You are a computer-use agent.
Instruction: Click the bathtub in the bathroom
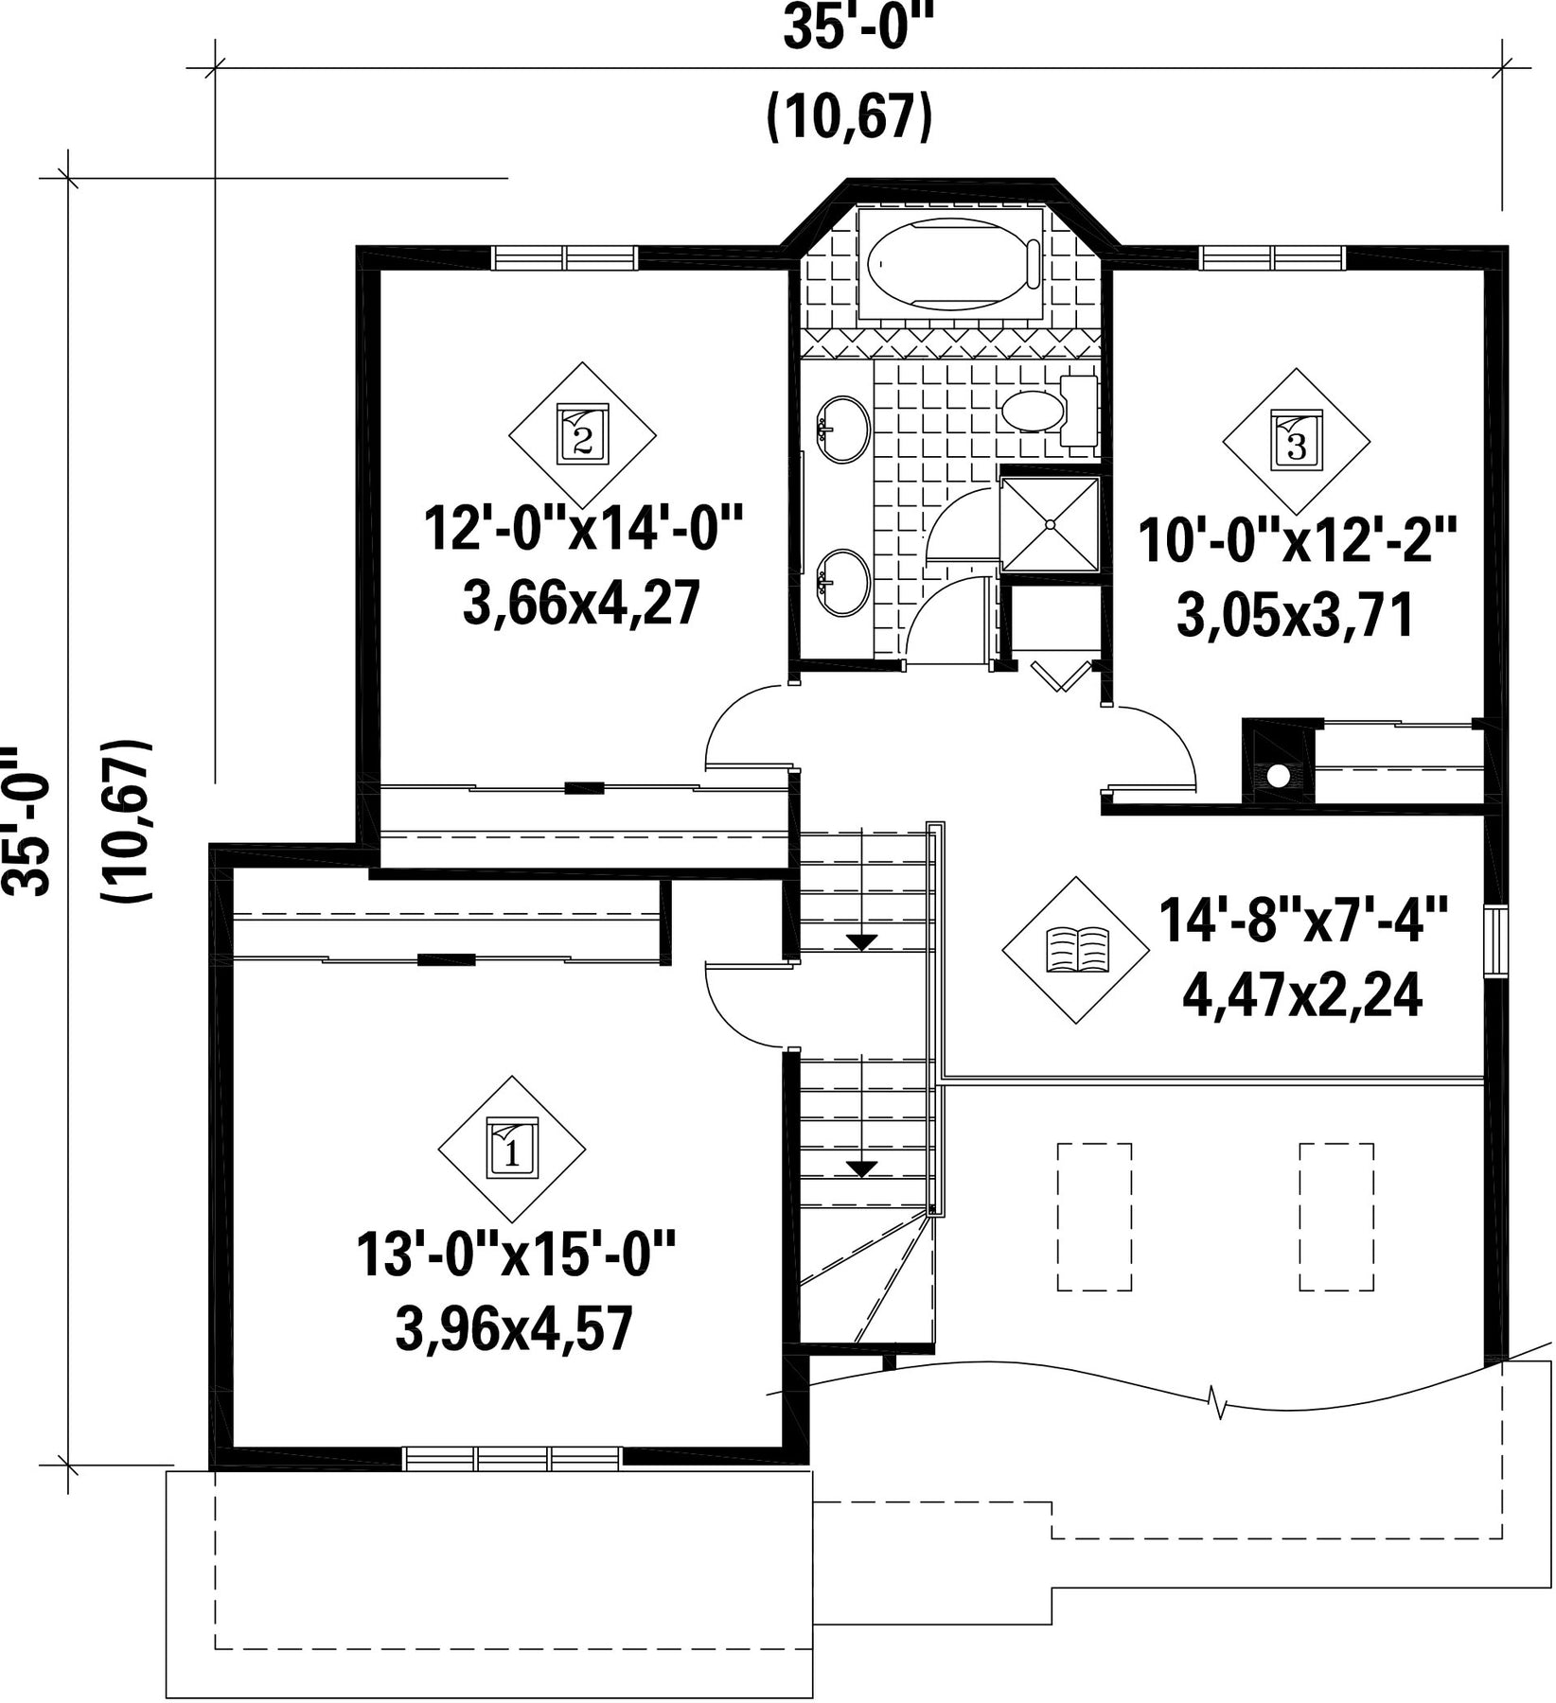click(950, 264)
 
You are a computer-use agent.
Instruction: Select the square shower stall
click(1050, 524)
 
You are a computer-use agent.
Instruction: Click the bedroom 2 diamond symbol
click(582, 435)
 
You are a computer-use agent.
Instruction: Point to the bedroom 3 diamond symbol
click(1296, 441)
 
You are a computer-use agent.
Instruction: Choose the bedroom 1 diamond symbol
click(511, 1150)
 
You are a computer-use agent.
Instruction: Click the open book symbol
click(1076, 950)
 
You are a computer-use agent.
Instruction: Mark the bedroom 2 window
click(565, 257)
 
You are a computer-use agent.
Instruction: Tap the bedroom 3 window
click(1272, 257)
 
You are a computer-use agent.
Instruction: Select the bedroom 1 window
click(513, 1458)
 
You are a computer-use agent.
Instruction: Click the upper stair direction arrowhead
click(861, 941)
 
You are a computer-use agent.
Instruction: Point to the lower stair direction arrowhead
click(861, 1168)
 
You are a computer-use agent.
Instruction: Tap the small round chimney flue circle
click(1278, 776)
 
